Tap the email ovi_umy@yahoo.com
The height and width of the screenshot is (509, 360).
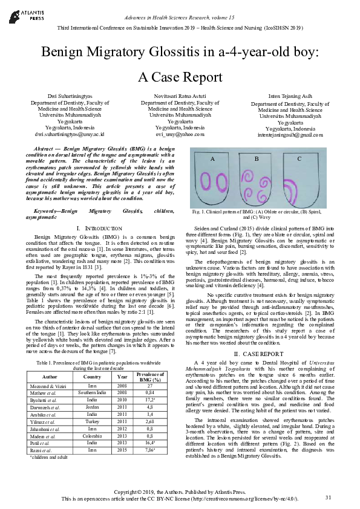[x=180, y=134]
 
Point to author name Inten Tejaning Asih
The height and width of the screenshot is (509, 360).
[x=290, y=96]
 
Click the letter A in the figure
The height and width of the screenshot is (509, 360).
[x=212, y=158]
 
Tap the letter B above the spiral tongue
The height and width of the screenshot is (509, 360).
[x=256, y=158]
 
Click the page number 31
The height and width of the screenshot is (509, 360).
[x=328, y=498]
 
